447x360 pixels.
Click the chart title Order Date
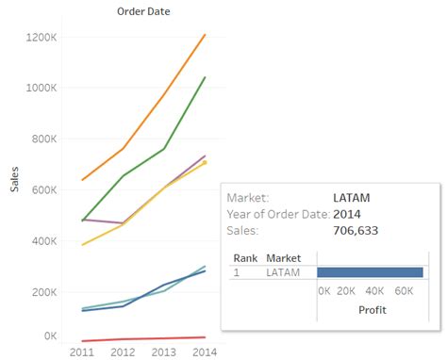pyautogui.click(x=143, y=11)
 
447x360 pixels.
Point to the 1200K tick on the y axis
pyautogui.click(x=46, y=37)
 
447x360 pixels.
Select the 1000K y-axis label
pyautogui.click(x=46, y=88)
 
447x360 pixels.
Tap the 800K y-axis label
pyautogui.click(x=49, y=139)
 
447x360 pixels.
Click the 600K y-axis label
pyautogui.click(x=49, y=189)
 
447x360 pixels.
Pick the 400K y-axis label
pyautogui.click(x=49, y=240)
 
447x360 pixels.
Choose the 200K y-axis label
pyautogui.click(x=49, y=291)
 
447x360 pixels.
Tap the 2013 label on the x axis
pyautogui.click(x=165, y=352)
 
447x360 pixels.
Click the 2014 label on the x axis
pyautogui.click(x=205, y=352)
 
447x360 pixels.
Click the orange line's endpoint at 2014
pyautogui.click(x=206, y=35)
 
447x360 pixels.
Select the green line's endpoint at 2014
pyautogui.click(x=206, y=77)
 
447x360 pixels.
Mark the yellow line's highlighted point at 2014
pyautogui.click(x=205, y=162)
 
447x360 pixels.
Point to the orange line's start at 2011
pyautogui.click(x=84, y=179)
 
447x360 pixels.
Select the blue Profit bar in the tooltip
pyautogui.click(x=370, y=272)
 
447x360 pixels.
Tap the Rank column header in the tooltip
pyautogui.click(x=244, y=257)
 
